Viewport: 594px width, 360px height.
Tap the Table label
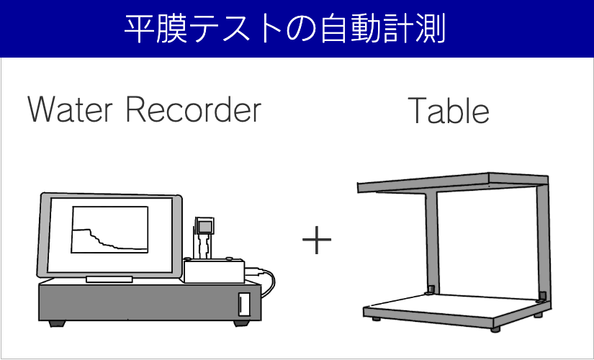449,110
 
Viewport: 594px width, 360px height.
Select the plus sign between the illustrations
317,240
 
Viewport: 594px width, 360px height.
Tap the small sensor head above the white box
205,228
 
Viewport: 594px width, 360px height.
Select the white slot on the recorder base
244,303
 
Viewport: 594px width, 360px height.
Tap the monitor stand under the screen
109,279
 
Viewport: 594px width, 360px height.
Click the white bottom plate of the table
446,305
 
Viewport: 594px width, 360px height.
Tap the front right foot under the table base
495,328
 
